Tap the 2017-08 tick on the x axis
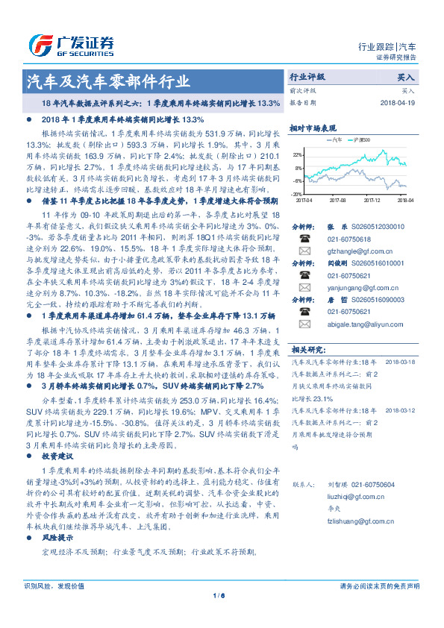click(x=338, y=199)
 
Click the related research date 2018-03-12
click(x=401, y=431)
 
